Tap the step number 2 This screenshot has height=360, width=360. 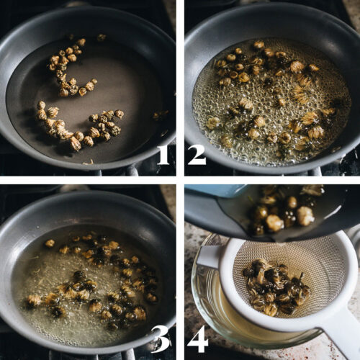point(197,154)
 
